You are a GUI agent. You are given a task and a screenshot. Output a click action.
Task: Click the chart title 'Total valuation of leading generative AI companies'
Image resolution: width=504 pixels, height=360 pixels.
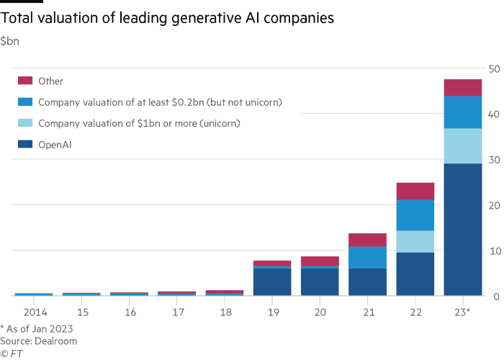point(167,18)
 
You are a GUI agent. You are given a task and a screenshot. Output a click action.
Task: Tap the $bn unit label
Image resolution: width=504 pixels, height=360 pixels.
point(9,41)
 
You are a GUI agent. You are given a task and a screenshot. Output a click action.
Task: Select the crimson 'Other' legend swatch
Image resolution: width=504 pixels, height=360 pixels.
point(25,81)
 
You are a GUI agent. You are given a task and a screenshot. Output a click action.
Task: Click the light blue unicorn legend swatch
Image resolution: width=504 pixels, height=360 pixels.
point(25,123)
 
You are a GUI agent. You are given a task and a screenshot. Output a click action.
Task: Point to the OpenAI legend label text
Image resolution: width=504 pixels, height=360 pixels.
point(55,145)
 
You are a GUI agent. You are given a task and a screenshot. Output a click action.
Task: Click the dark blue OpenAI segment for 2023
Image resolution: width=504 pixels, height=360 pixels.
point(463,230)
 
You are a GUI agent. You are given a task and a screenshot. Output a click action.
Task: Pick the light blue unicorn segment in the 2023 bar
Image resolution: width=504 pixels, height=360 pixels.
point(463,146)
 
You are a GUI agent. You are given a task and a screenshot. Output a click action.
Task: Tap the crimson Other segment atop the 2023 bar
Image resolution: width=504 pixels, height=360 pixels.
point(463,88)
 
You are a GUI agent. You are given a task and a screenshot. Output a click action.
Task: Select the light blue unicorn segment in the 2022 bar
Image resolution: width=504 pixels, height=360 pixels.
point(415,241)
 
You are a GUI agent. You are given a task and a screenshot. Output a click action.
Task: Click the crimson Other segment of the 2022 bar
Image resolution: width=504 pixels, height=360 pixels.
point(415,192)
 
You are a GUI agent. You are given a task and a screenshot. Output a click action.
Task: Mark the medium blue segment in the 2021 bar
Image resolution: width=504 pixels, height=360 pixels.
point(367,258)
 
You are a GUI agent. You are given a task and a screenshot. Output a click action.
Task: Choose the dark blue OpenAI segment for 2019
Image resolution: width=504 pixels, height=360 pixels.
point(272,282)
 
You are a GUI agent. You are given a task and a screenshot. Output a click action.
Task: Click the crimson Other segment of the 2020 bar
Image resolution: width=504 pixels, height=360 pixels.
point(320,261)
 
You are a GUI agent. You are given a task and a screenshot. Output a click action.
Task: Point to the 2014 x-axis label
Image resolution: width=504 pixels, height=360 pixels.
point(35,312)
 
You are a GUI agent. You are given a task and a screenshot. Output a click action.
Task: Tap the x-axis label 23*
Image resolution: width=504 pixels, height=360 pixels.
point(462,312)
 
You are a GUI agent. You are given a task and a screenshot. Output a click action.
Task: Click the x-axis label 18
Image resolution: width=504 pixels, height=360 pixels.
point(225,312)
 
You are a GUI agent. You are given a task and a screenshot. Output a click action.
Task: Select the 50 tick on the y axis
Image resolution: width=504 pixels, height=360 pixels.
point(495,69)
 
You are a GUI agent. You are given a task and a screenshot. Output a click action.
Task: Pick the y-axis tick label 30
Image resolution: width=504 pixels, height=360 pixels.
point(495,160)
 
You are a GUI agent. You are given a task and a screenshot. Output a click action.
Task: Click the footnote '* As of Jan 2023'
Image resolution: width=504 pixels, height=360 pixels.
point(37,329)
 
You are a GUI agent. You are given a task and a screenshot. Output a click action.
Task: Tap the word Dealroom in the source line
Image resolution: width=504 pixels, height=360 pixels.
point(56,341)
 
